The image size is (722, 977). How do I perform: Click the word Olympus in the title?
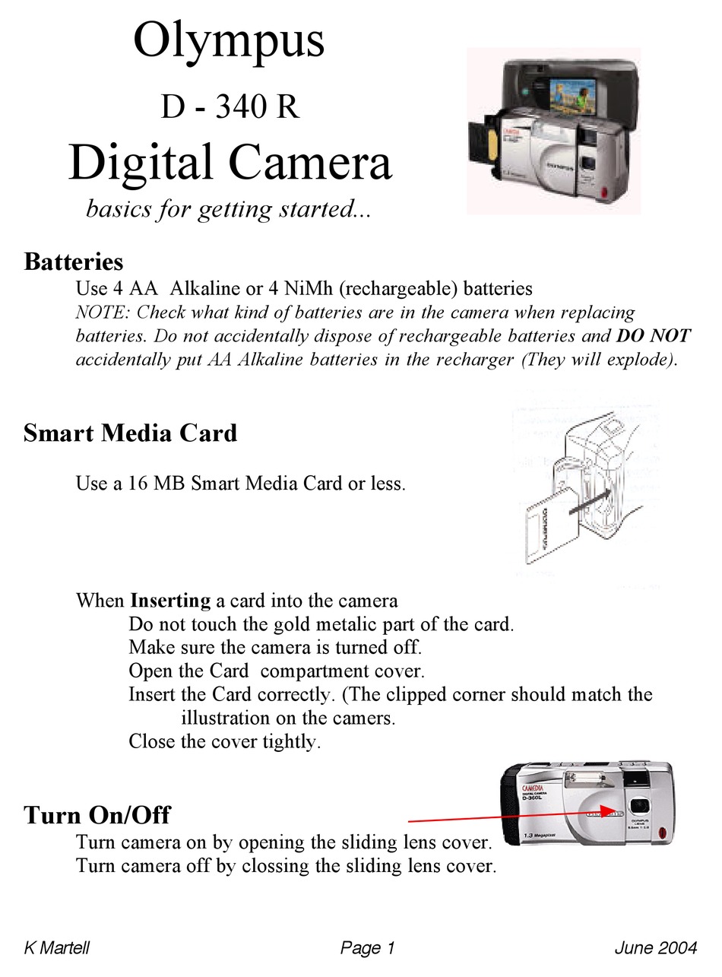229,43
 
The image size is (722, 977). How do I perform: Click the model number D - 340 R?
230,107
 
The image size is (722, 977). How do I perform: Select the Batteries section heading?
73,262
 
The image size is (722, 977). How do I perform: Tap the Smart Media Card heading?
130,433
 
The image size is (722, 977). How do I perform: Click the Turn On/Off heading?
97,815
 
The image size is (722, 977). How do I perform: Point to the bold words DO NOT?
654,336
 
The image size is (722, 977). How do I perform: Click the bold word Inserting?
170,601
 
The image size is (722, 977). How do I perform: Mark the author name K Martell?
56,948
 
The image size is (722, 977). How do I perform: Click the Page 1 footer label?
368,948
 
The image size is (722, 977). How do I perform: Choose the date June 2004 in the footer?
655,948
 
